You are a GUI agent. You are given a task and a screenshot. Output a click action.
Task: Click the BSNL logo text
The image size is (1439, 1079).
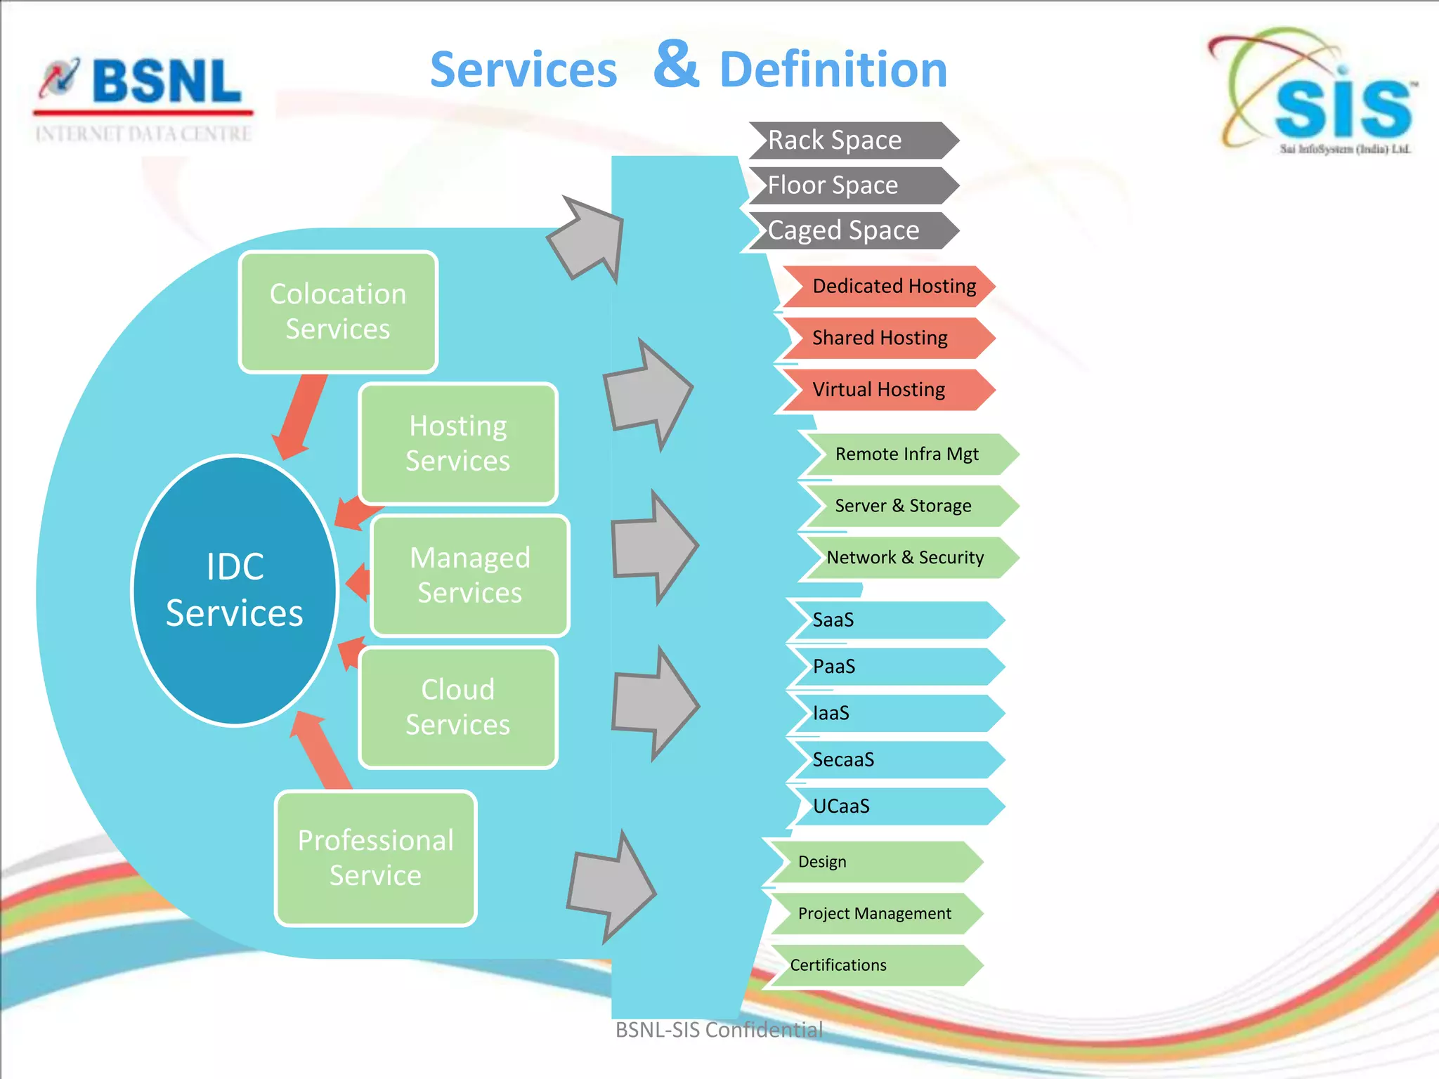[x=167, y=81]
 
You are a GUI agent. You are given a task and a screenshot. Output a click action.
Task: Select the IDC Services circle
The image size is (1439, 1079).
[x=235, y=589]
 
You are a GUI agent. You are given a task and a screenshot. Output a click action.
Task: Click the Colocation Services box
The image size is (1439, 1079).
[x=338, y=311]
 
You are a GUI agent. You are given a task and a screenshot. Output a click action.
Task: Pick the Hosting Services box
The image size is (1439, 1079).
[x=458, y=443]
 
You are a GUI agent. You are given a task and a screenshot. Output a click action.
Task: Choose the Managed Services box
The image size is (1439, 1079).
[x=469, y=575]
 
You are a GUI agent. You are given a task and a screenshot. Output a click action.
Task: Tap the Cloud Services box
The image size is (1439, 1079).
[x=458, y=707]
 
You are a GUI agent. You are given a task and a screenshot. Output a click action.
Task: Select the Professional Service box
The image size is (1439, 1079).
[x=375, y=858]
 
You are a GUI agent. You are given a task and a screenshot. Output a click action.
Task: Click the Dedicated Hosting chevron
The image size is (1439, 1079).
[x=888, y=286]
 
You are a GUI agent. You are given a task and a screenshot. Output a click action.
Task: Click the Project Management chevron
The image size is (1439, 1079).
[x=874, y=913]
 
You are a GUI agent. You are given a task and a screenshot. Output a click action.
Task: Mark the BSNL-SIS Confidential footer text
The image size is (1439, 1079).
[x=719, y=1030]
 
